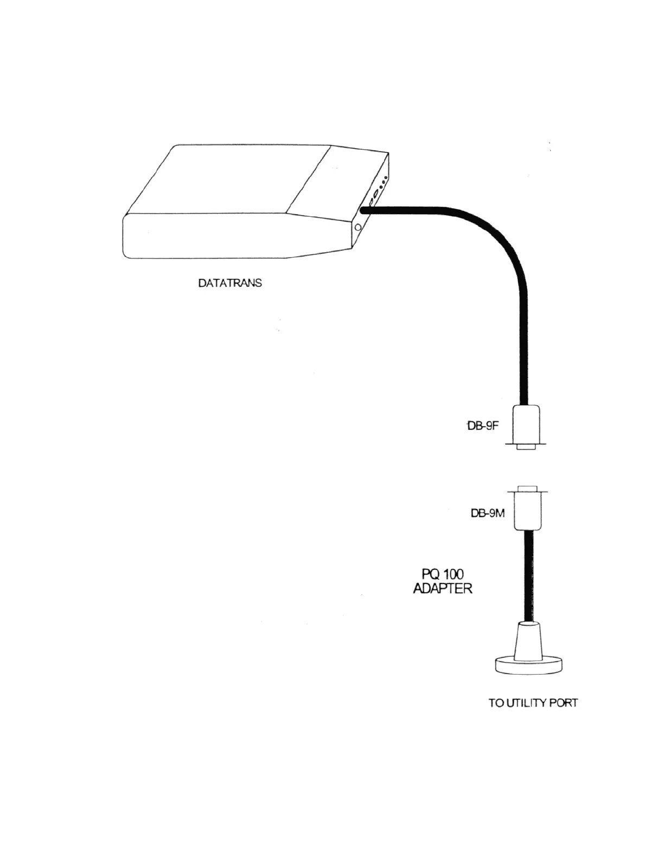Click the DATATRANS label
pos(229,283)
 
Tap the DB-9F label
pos(483,426)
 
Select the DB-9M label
pos(487,513)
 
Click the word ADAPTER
pos(443,589)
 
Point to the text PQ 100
pos(443,574)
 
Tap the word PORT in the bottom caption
pos(564,703)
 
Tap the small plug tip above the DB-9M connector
pos(528,488)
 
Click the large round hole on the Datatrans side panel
pos(357,228)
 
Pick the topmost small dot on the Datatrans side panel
pos(386,178)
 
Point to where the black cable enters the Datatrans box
pos(363,210)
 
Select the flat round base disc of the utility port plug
pos(528,666)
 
